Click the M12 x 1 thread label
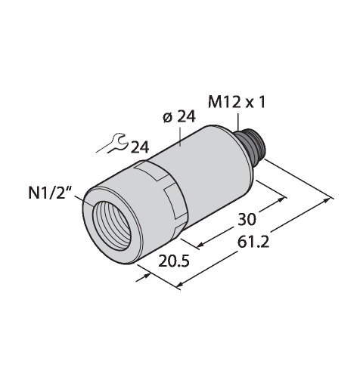pos(237,103)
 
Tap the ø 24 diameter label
pos(179,117)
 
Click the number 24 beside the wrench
pos(139,147)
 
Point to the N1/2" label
pos(50,194)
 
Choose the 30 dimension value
pos(247,219)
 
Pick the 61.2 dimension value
pos(253,242)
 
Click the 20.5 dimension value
pos(173,261)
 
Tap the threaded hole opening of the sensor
pos(111,226)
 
